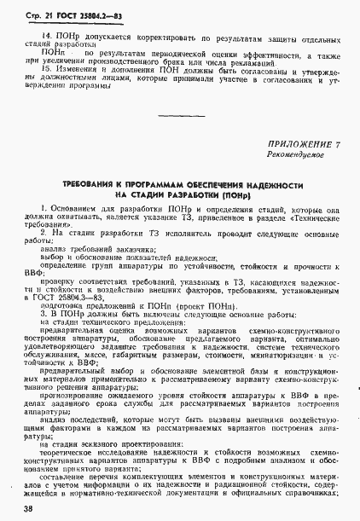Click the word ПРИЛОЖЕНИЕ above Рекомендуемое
(x=293, y=144)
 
